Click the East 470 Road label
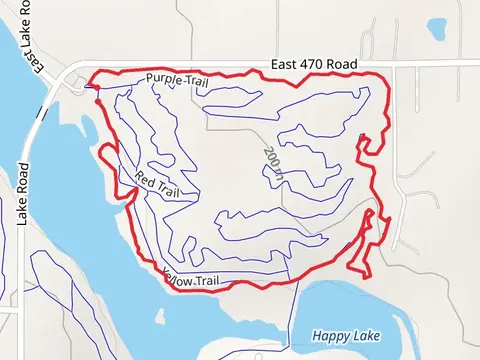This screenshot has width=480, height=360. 314,64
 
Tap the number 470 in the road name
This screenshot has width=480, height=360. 314,64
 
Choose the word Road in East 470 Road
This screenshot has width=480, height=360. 341,64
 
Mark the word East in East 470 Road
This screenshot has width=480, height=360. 286,64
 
